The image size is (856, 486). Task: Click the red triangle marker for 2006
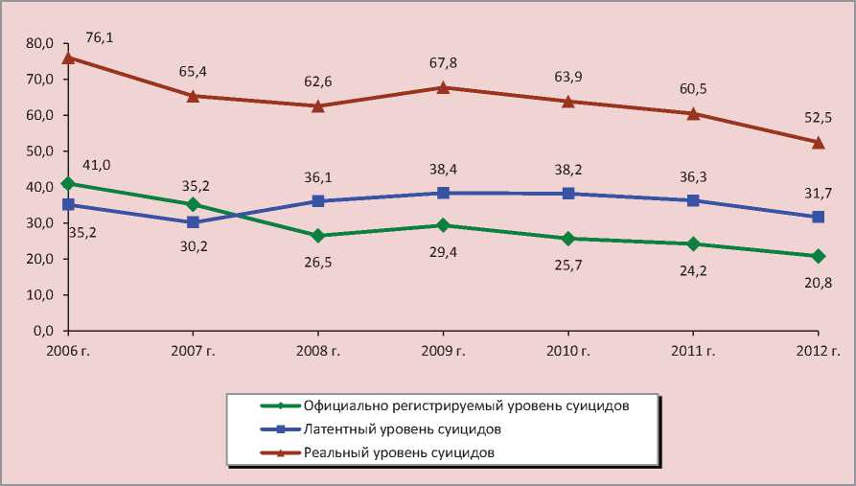pyautogui.click(x=68, y=58)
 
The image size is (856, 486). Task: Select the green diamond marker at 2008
pyautogui.click(x=318, y=236)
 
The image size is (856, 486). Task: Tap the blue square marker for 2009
pyautogui.click(x=443, y=193)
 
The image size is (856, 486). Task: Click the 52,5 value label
pyautogui.click(x=818, y=118)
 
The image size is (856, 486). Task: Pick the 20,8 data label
pyautogui.click(x=818, y=282)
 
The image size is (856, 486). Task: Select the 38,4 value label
pyautogui.click(x=443, y=168)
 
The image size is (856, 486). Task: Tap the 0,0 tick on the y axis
pyautogui.click(x=42, y=331)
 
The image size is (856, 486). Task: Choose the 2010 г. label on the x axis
pyautogui.click(x=567, y=350)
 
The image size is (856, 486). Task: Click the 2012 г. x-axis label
pyautogui.click(x=818, y=350)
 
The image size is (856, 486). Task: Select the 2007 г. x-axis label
pyautogui.click(x=193, y=350)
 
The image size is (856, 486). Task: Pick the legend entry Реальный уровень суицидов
pyautogui.click(x=398, y=451)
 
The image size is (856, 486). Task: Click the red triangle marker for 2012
pyautogui.click(x=818, y=142)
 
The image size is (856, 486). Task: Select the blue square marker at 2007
pyautogui.click(x=193, y=222)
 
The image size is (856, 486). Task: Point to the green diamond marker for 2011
pyautogui.click(x=693, y=243)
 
